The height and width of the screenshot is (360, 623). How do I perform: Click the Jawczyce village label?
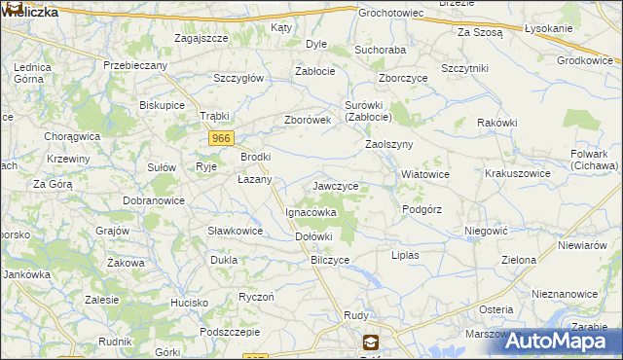click(x=336, y=185)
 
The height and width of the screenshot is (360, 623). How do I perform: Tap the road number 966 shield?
click(x=221, y=139)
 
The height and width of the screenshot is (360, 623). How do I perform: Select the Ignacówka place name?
click(x=311, y=211)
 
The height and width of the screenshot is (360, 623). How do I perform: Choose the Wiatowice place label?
click(x=425, y=175)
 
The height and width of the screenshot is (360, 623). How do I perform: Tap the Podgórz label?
click(x=422, y=209)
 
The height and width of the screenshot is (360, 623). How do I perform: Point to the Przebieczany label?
click(x=136, y=65)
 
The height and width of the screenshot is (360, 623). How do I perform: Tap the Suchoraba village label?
click(x=380, y=48)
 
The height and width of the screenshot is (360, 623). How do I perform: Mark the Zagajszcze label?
click(x=201, y=38)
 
